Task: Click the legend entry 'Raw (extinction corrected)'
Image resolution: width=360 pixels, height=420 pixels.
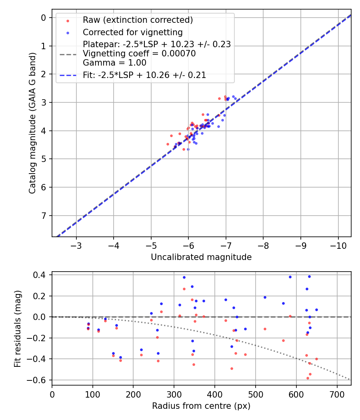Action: (x=138, y=20)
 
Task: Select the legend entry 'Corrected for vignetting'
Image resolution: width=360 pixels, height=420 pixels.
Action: (x=132, y=32)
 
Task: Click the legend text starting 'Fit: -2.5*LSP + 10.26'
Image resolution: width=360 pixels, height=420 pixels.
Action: (x=144, y=75)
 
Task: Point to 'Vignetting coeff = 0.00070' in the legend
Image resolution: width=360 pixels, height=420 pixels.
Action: (x=139, y=54)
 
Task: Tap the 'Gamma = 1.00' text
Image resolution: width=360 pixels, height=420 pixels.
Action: (x=114, y=63)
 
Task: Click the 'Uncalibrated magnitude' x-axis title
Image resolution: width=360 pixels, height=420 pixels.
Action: (x=201, y=257)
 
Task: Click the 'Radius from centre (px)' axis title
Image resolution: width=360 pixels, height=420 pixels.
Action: (x=201, y=406)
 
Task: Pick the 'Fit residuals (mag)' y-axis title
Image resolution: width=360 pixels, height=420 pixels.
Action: (x=17, y=329)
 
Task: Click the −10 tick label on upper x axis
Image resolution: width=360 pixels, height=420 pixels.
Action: (x=338, y=245)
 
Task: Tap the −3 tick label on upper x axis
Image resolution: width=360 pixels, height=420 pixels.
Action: (x=76, y=245)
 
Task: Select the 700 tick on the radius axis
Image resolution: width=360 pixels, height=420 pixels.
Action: (x=337, y=394)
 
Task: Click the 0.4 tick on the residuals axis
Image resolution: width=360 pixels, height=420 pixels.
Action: (x=40, y=275)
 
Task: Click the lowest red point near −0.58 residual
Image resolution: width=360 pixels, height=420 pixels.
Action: (x=308, y=378)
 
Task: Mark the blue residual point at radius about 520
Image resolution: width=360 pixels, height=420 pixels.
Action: (x=265, y=297)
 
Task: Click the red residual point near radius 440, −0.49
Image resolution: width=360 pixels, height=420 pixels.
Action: (x=232, y=368)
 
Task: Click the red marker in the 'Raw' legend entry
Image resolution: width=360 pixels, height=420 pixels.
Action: (x=68, y=20)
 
